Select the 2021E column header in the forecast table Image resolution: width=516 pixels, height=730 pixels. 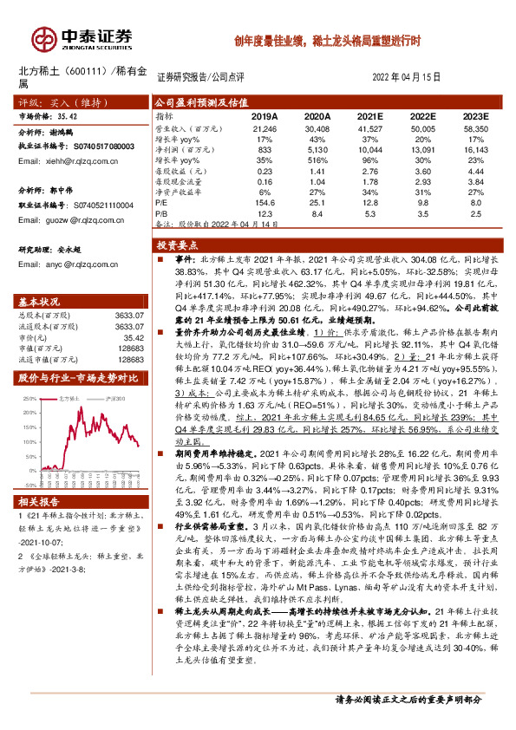pos(370,115)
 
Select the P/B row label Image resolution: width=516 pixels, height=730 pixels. pos(161,212)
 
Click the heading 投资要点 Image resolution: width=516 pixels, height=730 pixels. pos(177,245)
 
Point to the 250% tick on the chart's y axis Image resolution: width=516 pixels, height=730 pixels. pos(29,400)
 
